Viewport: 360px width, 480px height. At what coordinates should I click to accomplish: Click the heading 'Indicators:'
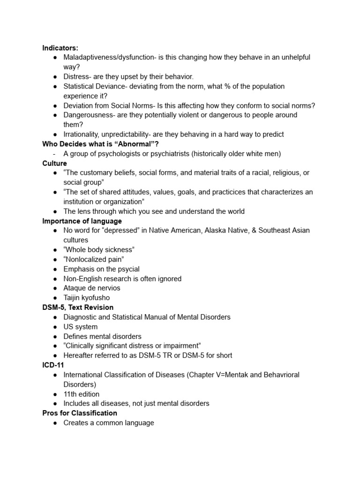[x=60, y=47]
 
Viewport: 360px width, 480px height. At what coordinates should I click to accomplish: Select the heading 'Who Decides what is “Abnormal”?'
[x=100, y=144]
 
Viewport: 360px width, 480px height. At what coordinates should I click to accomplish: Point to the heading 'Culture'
[x=54, y=163]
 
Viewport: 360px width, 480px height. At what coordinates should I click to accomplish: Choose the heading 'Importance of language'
[x=82, y=221]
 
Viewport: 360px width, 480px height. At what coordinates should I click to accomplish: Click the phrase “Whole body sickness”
[x=99, y=249]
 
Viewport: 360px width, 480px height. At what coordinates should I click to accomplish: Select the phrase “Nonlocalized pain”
[x=94, y=259]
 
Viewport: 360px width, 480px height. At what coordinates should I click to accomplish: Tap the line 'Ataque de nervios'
[x=92, y=288]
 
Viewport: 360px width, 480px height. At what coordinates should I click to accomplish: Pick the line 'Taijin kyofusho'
[x=87, y=298]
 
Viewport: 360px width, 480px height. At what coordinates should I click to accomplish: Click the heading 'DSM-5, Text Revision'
[x=78, y=307]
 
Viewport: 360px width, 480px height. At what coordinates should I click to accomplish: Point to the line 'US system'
[x=81, y=327]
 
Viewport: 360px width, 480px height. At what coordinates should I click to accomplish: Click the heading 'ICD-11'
[x=53, y=365]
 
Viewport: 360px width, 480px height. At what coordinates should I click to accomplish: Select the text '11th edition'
[x=82, y=394]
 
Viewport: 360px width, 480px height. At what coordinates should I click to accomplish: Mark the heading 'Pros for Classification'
[x=80, y=413]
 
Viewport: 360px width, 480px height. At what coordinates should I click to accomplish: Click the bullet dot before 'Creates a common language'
[x=55, y=423]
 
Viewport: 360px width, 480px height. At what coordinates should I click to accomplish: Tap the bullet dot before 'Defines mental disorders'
[x=55, y=336]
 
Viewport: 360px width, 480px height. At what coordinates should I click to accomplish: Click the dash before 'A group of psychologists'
[x=55, y=153]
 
